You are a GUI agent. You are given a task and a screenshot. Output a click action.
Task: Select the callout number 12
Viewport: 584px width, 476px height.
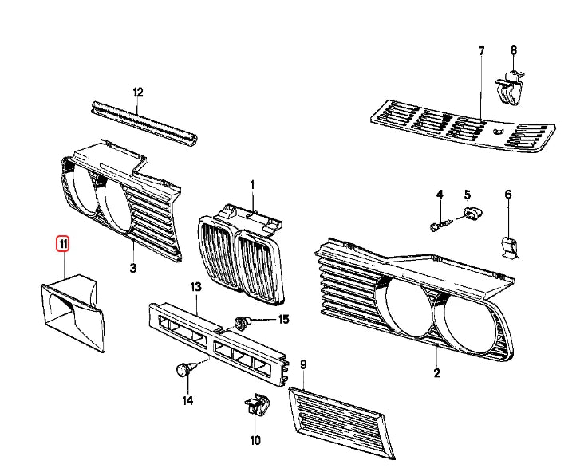click(x=137, y=92)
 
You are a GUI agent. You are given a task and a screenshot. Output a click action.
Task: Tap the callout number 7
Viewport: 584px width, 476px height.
click(x=481, y=52)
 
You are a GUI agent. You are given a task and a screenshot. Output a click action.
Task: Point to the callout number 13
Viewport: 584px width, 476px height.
click(x=196, y=286)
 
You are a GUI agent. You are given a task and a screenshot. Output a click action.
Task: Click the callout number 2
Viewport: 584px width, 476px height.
click(x=436, y=372)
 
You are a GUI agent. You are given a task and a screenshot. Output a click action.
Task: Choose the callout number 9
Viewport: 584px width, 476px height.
click(x=303, y=364)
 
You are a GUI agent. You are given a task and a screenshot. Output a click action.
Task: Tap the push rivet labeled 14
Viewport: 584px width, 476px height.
click(x=183, y=370)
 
